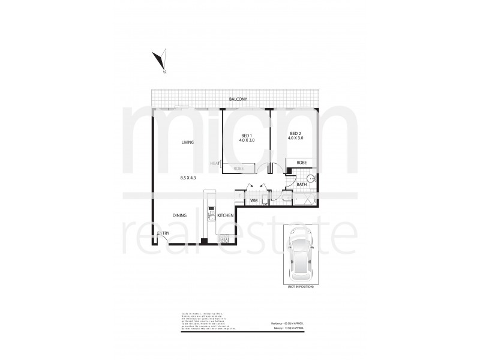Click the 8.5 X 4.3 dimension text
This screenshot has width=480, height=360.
pos(188,178)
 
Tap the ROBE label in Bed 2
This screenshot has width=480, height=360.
pos(301,162)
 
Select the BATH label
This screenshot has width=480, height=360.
pos(301,185)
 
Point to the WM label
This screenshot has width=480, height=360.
pos(254,200)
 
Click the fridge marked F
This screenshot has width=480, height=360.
pos(239,197)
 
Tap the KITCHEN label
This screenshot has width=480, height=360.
pos(225,215)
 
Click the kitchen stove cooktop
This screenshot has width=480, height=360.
pos(224,240)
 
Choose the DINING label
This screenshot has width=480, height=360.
pos(180,215)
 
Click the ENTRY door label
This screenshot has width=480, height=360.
pos(163,233)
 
